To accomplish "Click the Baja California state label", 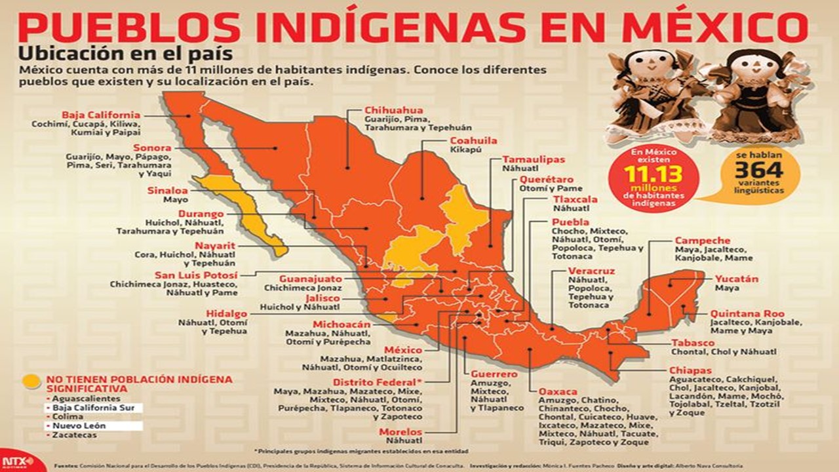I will [101, 115].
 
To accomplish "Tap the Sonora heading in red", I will [152, 148].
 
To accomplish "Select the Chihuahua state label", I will [393, 110].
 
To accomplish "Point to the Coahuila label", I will [473, 141].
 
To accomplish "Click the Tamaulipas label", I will [533, 159].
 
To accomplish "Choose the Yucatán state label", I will [736, 279].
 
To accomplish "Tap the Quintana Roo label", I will [747, 314].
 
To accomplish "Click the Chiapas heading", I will [690, 370].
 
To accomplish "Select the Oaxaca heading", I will [558, 391].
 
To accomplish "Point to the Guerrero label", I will [494, 374].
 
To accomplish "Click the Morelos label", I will [400, 432].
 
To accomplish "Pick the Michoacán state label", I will [341, 324].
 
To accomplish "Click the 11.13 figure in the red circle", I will [653, 174].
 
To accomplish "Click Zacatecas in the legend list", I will [75, 435].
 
